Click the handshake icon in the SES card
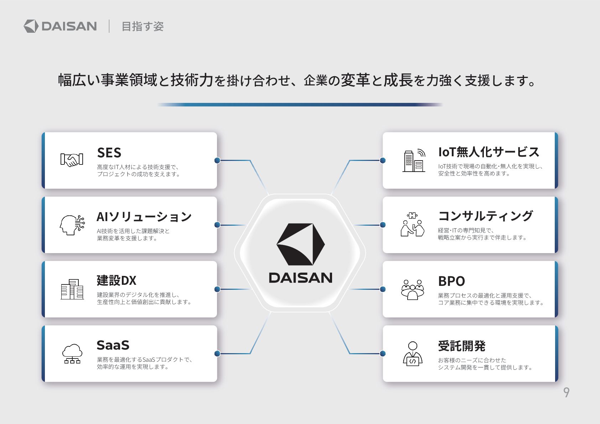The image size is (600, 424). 72,160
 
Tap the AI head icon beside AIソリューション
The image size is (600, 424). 72,225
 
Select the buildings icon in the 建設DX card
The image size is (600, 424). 72,289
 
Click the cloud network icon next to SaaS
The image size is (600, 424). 72,354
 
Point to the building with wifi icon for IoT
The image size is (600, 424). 414,160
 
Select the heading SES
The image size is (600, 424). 109,153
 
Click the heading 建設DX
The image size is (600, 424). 117,281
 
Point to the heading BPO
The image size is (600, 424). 452,281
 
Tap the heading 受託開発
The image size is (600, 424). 462,346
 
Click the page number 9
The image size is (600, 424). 566,392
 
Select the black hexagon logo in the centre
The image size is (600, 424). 301,244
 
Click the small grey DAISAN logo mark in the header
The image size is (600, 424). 31,26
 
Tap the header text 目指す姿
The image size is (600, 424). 143,26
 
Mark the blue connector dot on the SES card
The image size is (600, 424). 217,160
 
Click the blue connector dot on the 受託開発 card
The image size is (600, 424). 383,354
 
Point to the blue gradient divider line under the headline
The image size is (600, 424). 300,105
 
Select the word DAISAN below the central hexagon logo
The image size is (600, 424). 301,278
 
